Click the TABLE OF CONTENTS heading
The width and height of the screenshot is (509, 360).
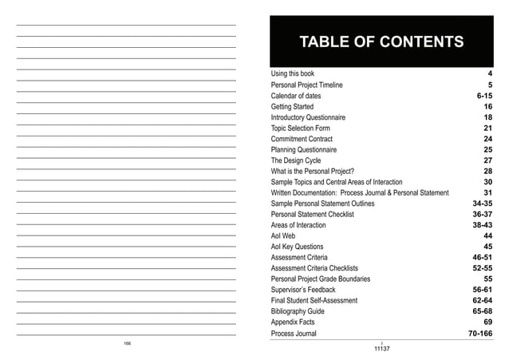[x=380, y=42]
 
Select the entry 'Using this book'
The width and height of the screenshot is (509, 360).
[x=292, y=73]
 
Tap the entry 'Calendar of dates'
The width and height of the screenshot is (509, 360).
[x=295, y=96]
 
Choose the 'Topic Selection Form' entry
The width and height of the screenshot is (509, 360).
[x=300, y=128]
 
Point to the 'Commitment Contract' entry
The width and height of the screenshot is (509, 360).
[x=302, y=139]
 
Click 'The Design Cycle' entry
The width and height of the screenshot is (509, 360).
[x=295, y=160]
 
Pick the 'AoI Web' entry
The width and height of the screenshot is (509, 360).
[x=283, y=236]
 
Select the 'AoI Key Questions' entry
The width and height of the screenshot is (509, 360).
[x=297, y=247]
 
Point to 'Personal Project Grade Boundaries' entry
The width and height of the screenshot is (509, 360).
[x=320, y=279]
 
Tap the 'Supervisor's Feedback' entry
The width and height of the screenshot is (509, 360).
[x=303, y=291]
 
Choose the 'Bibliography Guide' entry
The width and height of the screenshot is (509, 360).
[x=298, y=312]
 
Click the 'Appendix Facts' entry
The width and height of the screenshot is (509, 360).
[x=293, y=322]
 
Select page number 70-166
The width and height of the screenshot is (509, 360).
[x=479, y=334]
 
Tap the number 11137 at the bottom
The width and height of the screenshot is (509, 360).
[x=382, y=350]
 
